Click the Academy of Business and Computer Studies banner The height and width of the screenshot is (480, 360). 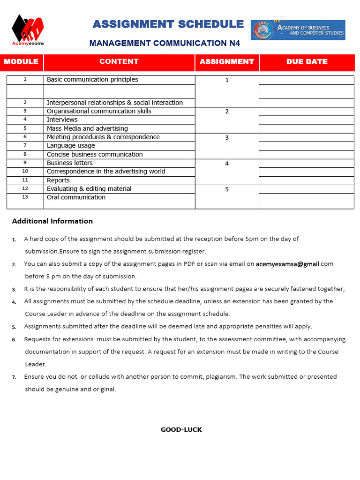(298, 30)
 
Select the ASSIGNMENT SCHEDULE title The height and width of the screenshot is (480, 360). (168, 24)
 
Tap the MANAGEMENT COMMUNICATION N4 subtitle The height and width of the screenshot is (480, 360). (165, 43)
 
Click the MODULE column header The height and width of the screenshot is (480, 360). (22, 62)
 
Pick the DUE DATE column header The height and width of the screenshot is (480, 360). (307, 62)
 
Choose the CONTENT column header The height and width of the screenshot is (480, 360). (119, 61)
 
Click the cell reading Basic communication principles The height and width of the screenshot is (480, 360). (92, 80)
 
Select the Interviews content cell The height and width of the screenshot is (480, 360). (62, 120)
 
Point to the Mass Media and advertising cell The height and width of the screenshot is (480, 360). (87, 128)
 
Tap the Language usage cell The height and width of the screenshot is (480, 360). (71, 146)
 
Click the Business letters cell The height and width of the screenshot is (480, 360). (70, 163)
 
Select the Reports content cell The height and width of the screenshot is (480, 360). (58, 180)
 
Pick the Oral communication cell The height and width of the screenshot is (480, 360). (76, 197)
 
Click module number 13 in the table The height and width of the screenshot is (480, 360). (25, 197)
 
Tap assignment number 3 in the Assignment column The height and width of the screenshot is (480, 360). (227, 138)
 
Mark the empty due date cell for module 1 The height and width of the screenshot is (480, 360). (307, 80)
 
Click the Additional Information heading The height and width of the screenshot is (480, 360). (52, 221)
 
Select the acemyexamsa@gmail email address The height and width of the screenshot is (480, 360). (287, 264)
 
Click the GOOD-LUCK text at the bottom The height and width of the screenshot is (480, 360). (181, 429)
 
